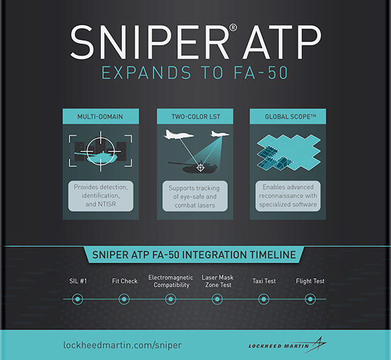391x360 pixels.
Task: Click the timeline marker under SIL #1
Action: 77,299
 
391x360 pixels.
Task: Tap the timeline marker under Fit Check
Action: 124,299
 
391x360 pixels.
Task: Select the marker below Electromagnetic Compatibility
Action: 171,299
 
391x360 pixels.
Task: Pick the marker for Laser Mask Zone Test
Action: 217,299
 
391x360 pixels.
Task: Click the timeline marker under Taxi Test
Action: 264,299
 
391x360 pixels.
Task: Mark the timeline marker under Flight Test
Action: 310,299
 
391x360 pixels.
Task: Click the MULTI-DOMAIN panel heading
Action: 100,117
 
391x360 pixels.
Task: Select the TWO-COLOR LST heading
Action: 195,117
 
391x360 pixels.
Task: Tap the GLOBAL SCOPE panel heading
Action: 290,117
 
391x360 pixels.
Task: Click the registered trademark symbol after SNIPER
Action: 233,27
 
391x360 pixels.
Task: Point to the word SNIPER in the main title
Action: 149,42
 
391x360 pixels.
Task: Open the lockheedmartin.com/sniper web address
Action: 123,345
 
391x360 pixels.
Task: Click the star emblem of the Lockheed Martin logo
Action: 318,345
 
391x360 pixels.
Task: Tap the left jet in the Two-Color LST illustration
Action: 178,135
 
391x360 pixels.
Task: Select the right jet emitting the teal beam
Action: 220,134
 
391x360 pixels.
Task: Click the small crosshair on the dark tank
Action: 200,168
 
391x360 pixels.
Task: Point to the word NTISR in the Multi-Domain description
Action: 107,204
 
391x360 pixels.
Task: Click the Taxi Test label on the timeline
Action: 264,281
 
